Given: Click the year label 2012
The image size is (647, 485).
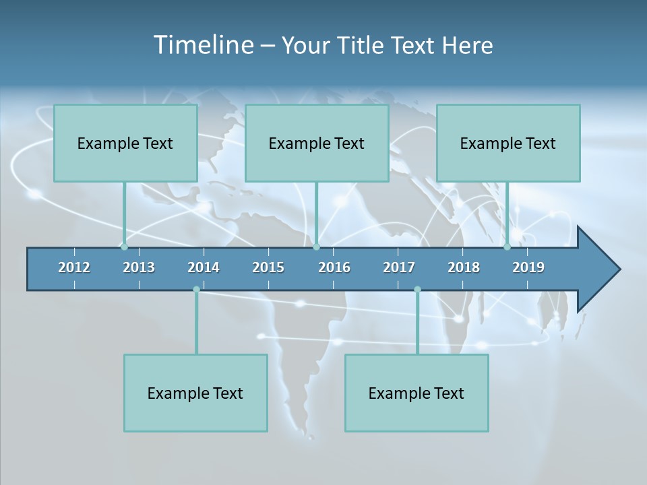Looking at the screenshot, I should (x=74, y=267).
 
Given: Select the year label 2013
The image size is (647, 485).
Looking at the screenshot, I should (x=139, y=267).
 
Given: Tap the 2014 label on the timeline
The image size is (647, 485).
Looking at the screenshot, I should (x=204, y=267).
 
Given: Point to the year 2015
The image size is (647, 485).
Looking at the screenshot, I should (x=268, y=267).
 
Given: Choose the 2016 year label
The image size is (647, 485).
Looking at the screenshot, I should (x=334, y=267).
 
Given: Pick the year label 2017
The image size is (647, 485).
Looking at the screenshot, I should (x=399, y=267).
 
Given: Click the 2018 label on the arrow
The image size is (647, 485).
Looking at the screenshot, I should (x=464, y=267).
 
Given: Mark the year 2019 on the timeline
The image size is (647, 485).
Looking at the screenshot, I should (x=528, y=267).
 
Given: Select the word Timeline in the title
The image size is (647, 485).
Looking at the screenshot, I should (x=203, y=45).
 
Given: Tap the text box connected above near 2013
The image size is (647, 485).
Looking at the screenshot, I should (x=125, y=143).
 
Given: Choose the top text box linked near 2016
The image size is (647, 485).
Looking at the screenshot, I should (x=317, y=143).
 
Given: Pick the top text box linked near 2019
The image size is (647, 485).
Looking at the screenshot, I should (x=508, y=143).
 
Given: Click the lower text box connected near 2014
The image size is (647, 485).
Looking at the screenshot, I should (x=195, y=393).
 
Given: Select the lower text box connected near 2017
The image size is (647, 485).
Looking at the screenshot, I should (x=417, y=393).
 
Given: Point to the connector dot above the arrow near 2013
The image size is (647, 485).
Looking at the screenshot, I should (x=124, y=247).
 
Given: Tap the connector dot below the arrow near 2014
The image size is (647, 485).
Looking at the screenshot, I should (x=196, y=290).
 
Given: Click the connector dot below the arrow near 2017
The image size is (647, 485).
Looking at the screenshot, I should (x=417, y=290).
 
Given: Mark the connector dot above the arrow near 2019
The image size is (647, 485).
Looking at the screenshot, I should (x=507, y=247).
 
